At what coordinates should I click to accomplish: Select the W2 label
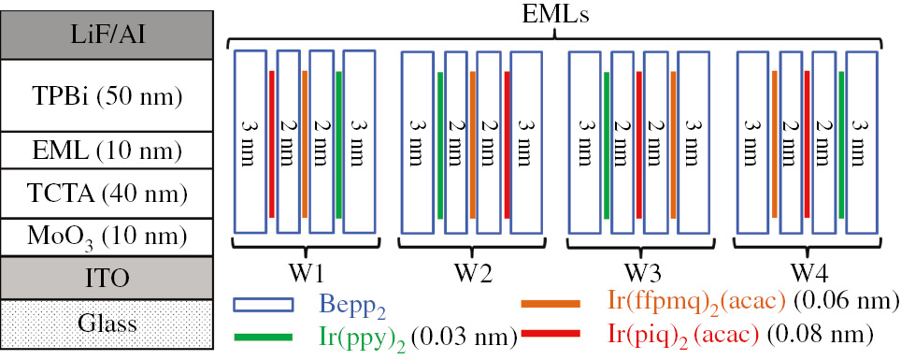point(471,275)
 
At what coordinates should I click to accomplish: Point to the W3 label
point(638,275)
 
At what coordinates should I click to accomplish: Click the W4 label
point(807,275)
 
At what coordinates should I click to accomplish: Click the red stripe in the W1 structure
point(271,141)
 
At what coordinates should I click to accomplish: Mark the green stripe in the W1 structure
point(338,141)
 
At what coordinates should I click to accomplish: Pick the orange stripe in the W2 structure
point(472,141)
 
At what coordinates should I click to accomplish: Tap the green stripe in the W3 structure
point(606,141)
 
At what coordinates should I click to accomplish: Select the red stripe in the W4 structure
point(807,141)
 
